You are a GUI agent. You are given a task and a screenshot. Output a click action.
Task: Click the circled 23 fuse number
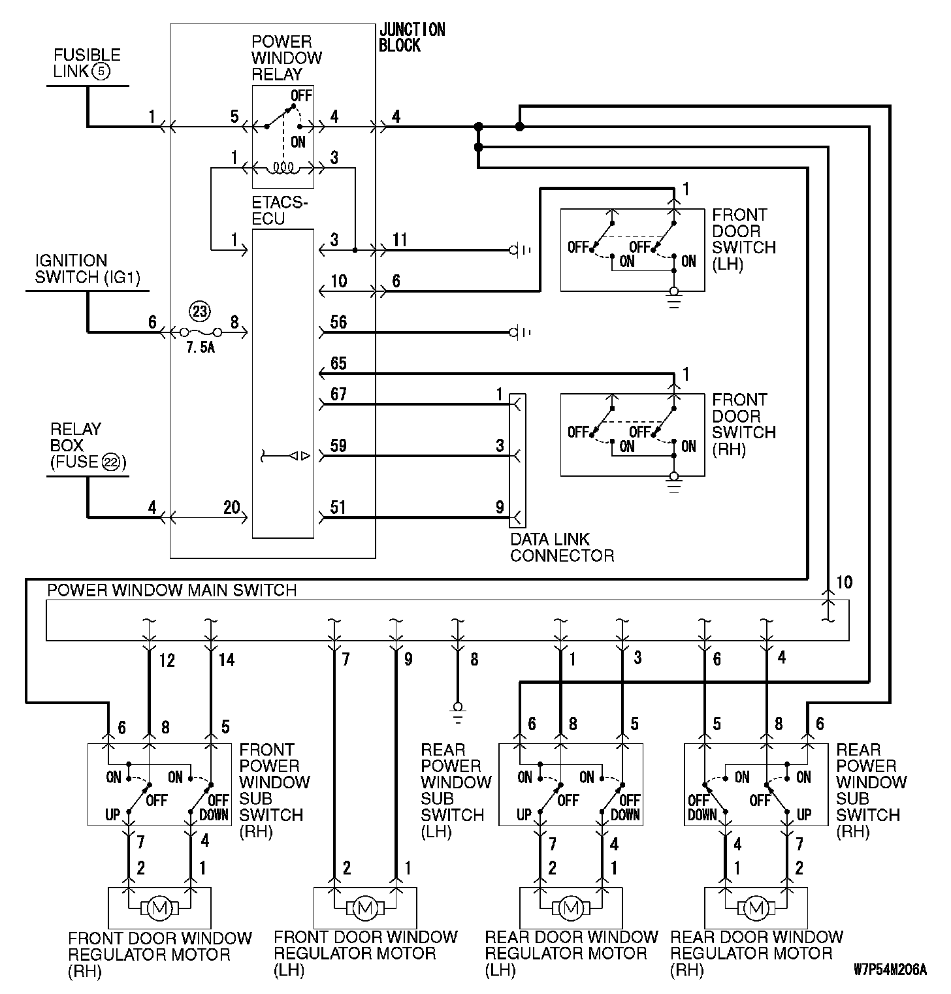(x=199, y=312)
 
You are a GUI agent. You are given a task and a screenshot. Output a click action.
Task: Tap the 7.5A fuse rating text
(x=201, y=348)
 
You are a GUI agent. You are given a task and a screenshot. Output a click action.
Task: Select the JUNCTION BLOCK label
(x=411, y=38)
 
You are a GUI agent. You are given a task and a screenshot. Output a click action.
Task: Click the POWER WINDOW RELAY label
(x=286, y=58)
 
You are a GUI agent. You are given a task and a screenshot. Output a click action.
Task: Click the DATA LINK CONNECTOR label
(x=562, y=547)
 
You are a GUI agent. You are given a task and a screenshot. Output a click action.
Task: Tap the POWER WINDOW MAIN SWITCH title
(x=172, y=590)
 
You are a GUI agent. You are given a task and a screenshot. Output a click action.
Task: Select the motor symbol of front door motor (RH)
(x=159, y=907)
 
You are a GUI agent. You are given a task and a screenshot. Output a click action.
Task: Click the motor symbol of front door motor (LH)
(x=364, y=907)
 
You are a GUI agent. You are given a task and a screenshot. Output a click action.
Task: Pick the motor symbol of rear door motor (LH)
(x=571, y=907)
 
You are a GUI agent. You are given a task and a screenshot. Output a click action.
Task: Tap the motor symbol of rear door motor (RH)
(x=756, y=907)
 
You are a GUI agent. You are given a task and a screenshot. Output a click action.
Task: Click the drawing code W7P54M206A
(x=890, y=969)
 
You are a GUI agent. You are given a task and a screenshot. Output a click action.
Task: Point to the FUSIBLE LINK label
(x=86, y=63)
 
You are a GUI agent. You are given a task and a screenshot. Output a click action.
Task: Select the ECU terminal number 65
(x=338, y=363)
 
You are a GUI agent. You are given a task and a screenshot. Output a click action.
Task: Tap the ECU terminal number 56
(x=338, y=322)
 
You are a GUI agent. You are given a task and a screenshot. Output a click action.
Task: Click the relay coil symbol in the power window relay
(x=283, y=168)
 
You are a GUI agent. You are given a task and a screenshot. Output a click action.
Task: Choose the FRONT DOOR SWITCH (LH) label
(x=743, y=240)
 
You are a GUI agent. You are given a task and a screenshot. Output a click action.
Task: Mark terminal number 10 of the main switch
(x=844, y=582)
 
